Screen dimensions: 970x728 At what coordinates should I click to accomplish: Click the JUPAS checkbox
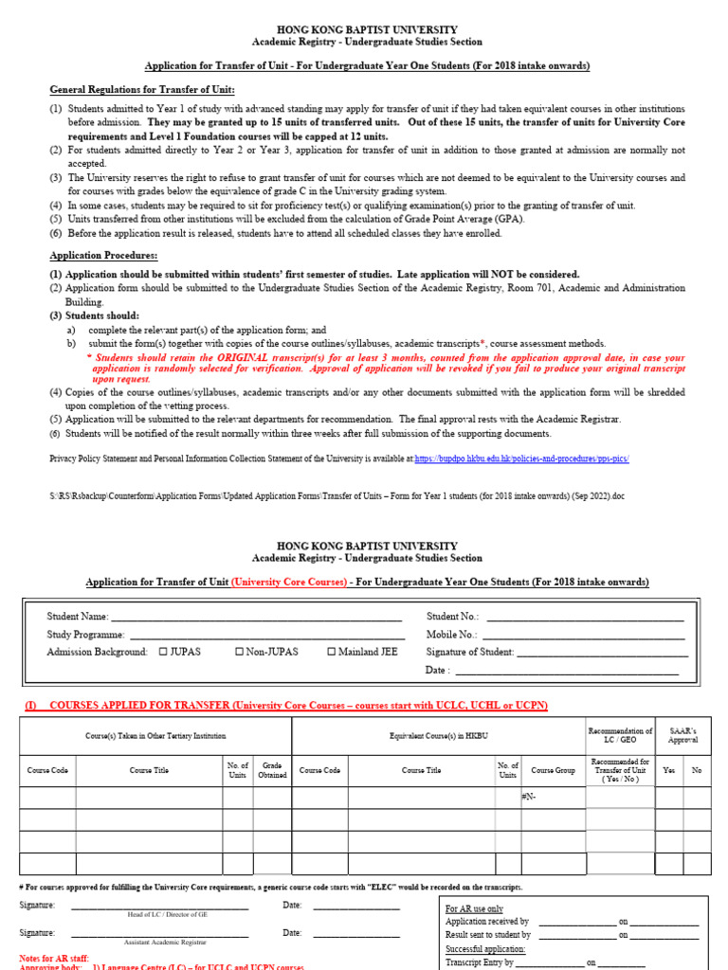(x=163, y=652)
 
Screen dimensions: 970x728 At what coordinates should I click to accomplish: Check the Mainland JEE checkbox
(x=332, y=652)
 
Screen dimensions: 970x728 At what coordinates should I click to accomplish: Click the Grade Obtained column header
(x=272, y=770)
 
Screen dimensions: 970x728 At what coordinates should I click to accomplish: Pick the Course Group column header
(x=553, y=770)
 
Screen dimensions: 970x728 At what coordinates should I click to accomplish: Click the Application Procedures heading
(x=103, y=256)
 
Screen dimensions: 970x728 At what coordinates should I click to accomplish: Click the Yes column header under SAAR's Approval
(x=669, y=770)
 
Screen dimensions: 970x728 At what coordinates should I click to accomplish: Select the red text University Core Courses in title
(x=288, y=582)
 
